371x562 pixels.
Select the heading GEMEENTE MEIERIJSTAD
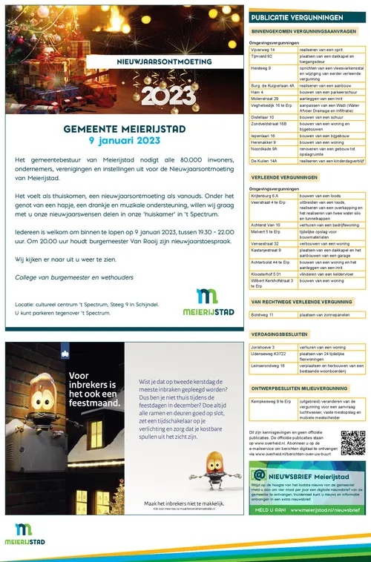(x=123, y=128)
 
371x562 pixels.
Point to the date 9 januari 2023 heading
(x=123, y=141)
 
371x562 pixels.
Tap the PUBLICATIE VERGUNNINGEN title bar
(x=306, y=17)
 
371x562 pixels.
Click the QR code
(x=352, y=442)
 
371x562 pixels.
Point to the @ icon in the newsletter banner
(x=260, y=475)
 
